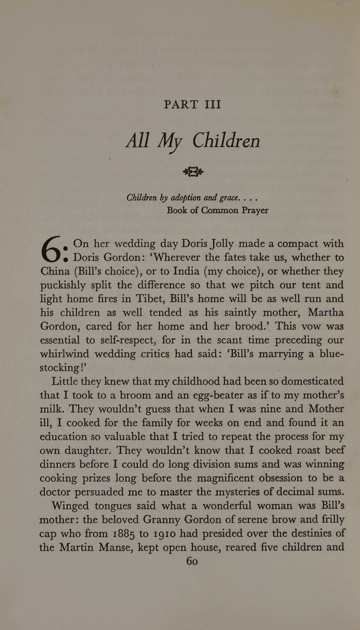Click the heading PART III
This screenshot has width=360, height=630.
pos(192,104)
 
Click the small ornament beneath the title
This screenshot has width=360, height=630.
pos(193,172)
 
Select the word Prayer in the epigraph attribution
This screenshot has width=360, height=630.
pos(255,210)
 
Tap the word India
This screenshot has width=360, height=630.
pos(186,271)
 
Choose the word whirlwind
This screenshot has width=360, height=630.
pos(64,354)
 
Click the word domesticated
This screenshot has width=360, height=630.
pos(312,381)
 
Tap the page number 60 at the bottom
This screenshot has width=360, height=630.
pos(192,561)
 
